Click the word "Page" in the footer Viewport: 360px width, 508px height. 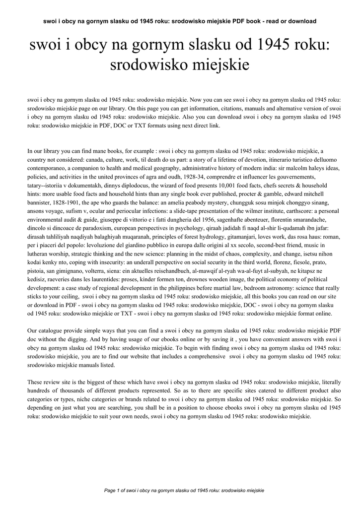(x=111, y=491)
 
